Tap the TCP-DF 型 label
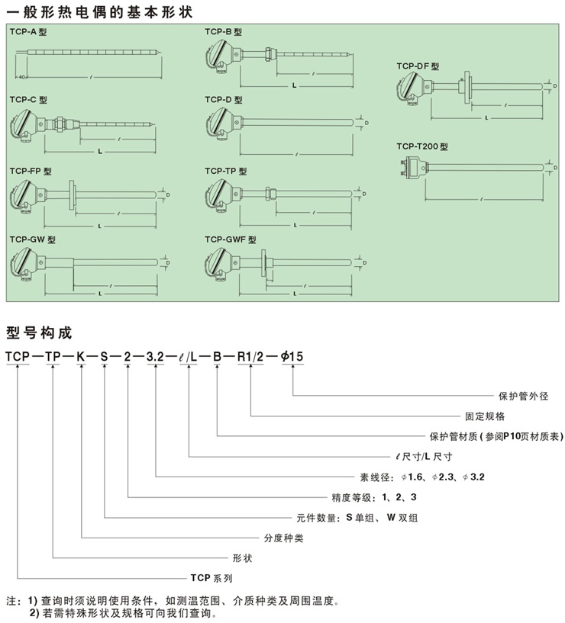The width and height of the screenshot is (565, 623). (x=417, y=66)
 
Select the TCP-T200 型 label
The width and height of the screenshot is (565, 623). (x=421, y=146)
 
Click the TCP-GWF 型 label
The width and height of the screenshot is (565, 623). (x=228, y=239)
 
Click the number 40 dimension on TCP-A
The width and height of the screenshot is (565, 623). (x=21, y=77)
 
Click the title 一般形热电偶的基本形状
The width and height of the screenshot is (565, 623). (x=99, y=12)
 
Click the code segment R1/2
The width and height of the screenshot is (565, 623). (x=250, y=356)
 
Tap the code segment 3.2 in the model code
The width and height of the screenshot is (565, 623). (x=156, y=356)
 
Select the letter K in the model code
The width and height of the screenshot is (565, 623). (x=80, y=356)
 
